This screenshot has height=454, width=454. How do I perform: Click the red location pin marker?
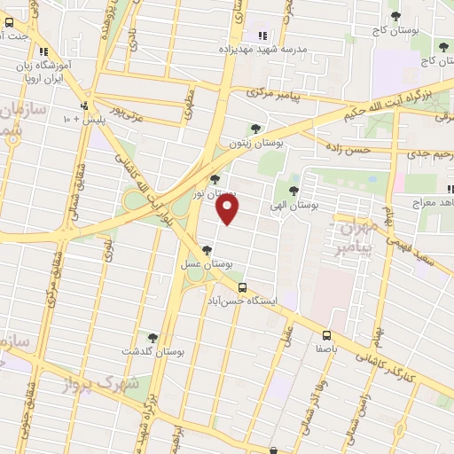pos(229,209)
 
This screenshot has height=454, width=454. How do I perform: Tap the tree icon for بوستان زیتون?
pos(256,129)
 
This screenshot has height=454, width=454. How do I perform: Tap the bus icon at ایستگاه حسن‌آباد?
pos(243,287)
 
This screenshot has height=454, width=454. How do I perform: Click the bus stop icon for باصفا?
pos(326,335)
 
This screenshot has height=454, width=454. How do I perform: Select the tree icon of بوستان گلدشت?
pos(153,338)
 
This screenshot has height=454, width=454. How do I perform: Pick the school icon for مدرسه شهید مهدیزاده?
pos(262,35)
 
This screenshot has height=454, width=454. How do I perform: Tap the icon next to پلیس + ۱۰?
pos(84,105)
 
